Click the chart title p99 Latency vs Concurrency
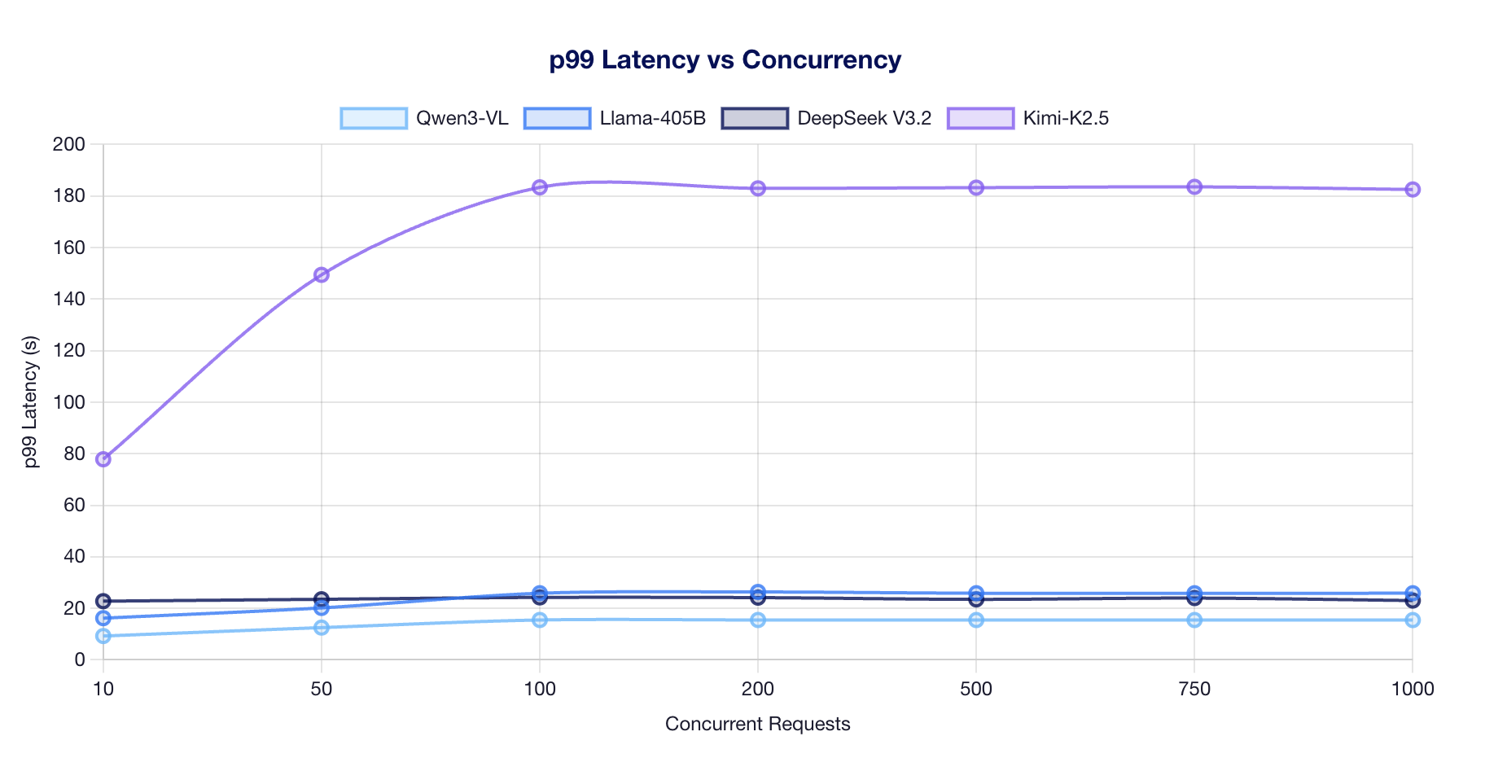725,60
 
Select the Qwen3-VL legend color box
374,118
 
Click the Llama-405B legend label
652,118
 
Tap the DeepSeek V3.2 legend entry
863,118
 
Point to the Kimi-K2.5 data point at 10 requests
103,459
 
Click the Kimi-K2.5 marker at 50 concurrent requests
322,275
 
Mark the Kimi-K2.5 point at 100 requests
540,187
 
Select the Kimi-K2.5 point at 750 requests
1194,187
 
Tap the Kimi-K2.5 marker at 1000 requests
1413,190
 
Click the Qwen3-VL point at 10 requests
103,636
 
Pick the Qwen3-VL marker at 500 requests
976,620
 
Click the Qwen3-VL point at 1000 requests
1413,620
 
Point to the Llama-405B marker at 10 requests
103,618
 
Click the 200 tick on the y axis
68,145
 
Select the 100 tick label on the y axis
68,402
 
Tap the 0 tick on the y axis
79,660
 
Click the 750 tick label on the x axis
1194,690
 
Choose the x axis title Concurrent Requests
757,724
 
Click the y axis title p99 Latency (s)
31,402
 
